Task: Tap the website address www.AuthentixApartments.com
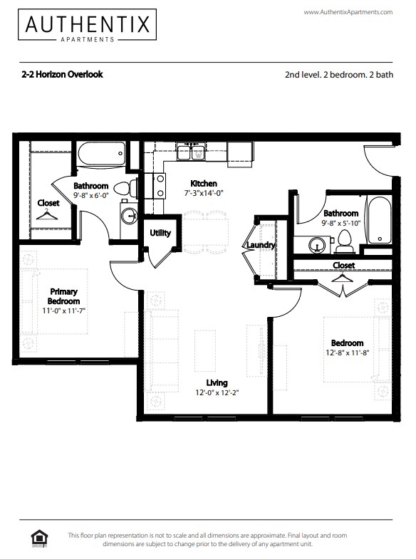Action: pyautogui.click(x=348, y=12)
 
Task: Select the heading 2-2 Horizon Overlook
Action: pyautogui.click(x=62, y=74)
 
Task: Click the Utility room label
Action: pyautogui.click(x=160, y=233)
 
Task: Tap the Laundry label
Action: pyautogui.click(x=260, y=246)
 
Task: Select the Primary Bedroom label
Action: pyautogui.click(x=64, y=296)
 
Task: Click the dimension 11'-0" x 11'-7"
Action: pyautogui.click(x=64, y=310)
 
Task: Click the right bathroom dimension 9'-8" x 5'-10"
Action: pyautogui.click(x=340, y=223)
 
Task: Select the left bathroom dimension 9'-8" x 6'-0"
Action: pyautogui.click(x=91, y=195)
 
